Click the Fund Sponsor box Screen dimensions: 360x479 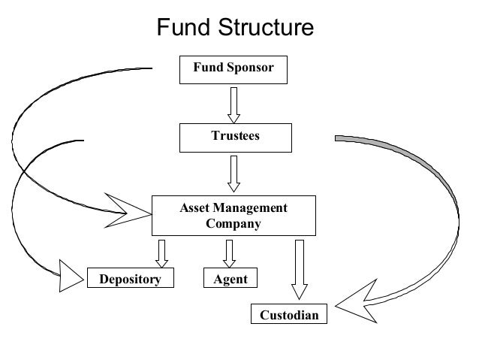[x=233, y=69]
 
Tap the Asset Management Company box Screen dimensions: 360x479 [x=233, y=216]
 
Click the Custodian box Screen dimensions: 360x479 [x=288, y=314]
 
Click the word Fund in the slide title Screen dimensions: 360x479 [x=185, y=28]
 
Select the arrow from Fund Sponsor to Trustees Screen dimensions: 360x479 [x=233, y=104]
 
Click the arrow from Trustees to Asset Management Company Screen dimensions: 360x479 [x=233, y=174]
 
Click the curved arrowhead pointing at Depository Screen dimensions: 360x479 [x=70, y=277]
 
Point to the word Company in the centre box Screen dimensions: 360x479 [x=233, y=223]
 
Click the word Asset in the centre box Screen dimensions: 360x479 [x=194, y=208]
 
